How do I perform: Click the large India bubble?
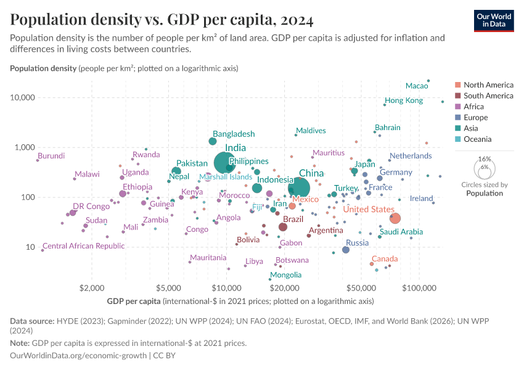[x=227, y=162]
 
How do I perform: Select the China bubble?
[x=299, y=187]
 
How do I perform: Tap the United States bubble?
[x=395, y=218]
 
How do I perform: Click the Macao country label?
[x=417, y=85]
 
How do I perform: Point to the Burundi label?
[x=51, y=156]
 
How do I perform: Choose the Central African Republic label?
[x=83, y=246]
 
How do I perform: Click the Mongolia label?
[x=286, y=275]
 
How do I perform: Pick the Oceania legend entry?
[x=477, y=139]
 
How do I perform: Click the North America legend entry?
[x=488, y=85]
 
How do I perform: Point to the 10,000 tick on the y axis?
[x=23, y=97]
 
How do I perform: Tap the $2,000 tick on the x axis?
[x=91, y=288]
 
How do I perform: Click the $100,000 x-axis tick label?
[x=419, y=288]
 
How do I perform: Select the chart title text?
[x=162, y=20]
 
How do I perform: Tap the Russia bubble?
[x=346, y=250]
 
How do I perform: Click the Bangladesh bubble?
[x=213, y=141]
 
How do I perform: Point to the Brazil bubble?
[x=283, y=227]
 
